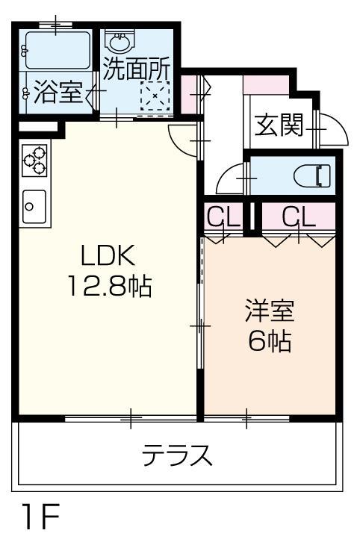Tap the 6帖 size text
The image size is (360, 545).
click(270, 342)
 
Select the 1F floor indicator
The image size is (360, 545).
click(34, 518)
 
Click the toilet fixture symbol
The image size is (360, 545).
click(313, 177)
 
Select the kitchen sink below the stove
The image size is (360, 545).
click(34, 207)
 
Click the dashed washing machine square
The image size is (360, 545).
click(157, 96)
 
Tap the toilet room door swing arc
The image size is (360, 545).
click(228, 178)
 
